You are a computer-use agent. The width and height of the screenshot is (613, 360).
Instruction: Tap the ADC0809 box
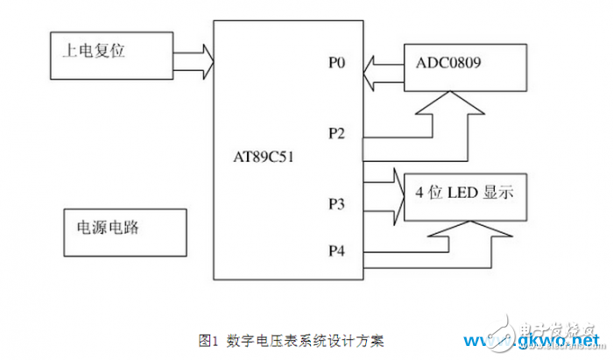[x=464, y=67]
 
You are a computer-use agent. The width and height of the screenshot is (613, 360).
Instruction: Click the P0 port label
[x=337, y=64]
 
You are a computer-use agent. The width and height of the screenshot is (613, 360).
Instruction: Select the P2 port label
[x=337, y=133]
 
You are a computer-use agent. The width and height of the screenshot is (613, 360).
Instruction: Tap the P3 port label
[x=337, y=205]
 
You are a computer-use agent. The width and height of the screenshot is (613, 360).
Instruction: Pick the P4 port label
[x=337, y=251]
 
